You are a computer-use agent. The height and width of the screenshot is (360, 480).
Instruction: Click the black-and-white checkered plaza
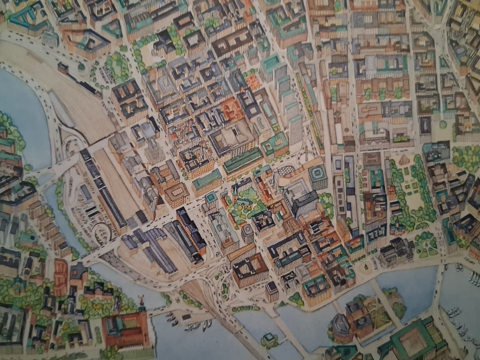click(x=287, y=170)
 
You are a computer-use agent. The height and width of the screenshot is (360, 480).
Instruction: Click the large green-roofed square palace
click(x=413, y=342)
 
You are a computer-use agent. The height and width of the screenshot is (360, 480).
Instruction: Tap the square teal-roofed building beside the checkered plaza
click(x=317, y=176)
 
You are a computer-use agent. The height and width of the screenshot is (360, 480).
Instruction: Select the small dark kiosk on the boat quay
click(x=186, y=316)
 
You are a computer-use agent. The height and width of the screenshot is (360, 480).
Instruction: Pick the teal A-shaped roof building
click(x=24, y=18)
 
